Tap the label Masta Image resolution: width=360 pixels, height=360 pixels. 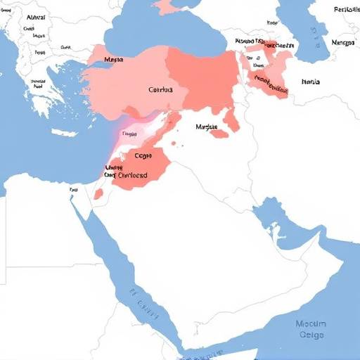(113, 61)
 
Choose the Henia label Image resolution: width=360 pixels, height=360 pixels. (310, 82)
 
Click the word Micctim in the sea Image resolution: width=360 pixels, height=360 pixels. (311, 323)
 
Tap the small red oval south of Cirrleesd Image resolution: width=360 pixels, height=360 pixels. (99, 194)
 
